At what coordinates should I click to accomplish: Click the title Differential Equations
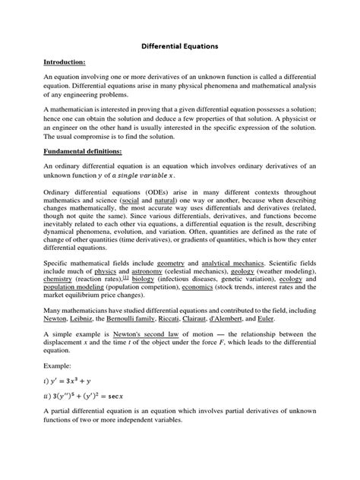point(180,46)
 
